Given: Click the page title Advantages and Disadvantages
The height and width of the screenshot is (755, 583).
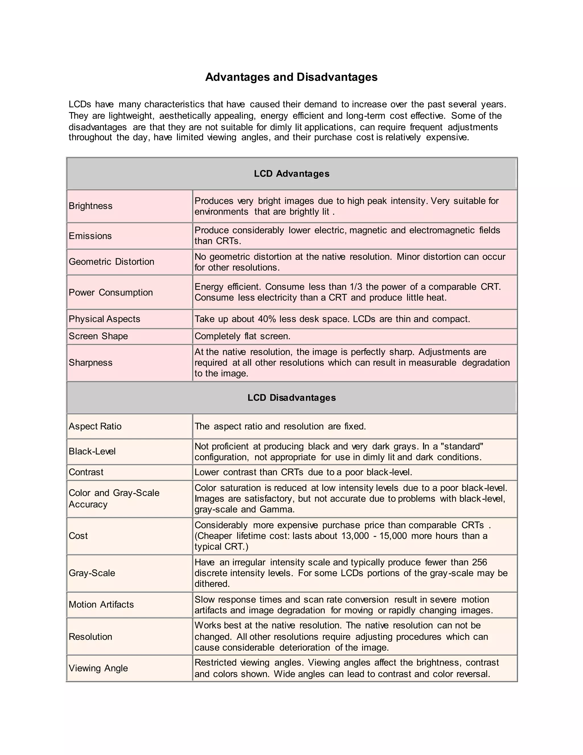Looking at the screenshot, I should [x=291, y=77].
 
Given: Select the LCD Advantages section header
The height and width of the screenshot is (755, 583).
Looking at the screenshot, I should [x=291, y=174].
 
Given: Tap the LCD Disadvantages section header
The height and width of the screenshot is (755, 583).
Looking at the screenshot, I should [x=291, y=397].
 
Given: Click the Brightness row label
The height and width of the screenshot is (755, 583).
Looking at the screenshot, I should [x=91, y=206].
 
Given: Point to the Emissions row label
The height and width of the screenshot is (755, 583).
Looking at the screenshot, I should [x=90, y=236].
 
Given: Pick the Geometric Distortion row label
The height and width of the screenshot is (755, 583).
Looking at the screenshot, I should [x=111, y=262].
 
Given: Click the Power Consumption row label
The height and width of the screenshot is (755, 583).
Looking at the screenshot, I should [x=110, y=293].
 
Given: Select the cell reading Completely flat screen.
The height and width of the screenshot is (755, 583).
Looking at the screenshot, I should [x=243, y=336].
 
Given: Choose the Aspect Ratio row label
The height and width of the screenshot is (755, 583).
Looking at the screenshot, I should [x=95, y=426].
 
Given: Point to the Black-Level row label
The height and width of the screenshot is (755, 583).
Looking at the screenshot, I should [x=92, y=452].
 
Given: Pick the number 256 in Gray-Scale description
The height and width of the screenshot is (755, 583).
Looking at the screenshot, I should [x=479, y=562].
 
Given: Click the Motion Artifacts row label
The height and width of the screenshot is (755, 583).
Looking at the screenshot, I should [x=101, y=604].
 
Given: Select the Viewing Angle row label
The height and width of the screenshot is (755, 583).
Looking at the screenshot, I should [x=98, y=668].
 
